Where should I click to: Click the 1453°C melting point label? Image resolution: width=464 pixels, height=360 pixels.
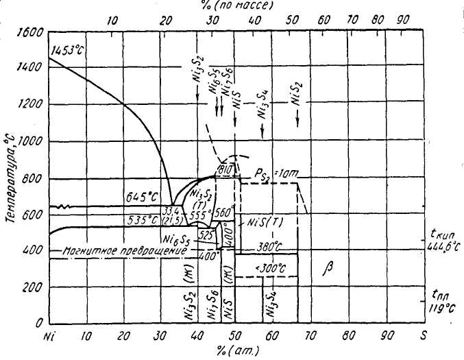coord(66,51)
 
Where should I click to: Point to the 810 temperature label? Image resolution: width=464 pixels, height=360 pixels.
coord(225,169)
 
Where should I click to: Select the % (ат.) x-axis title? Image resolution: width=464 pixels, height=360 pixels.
coord(237,352)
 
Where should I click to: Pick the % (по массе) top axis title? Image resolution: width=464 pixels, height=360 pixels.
coord(237,5)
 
